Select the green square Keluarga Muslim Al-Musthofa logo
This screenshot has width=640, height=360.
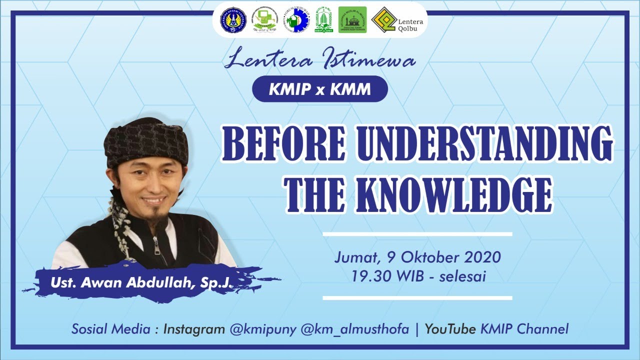[352, 20]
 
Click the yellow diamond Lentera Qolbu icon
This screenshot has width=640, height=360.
[384, 20]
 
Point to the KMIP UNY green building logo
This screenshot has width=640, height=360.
[323, 20]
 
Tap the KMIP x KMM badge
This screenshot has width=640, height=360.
[320, 89]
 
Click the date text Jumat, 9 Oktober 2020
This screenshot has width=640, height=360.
[417, 257]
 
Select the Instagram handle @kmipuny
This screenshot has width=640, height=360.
[264, 329]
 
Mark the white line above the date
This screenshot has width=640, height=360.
[417, 233]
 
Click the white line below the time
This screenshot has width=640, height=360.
[417, 298]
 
